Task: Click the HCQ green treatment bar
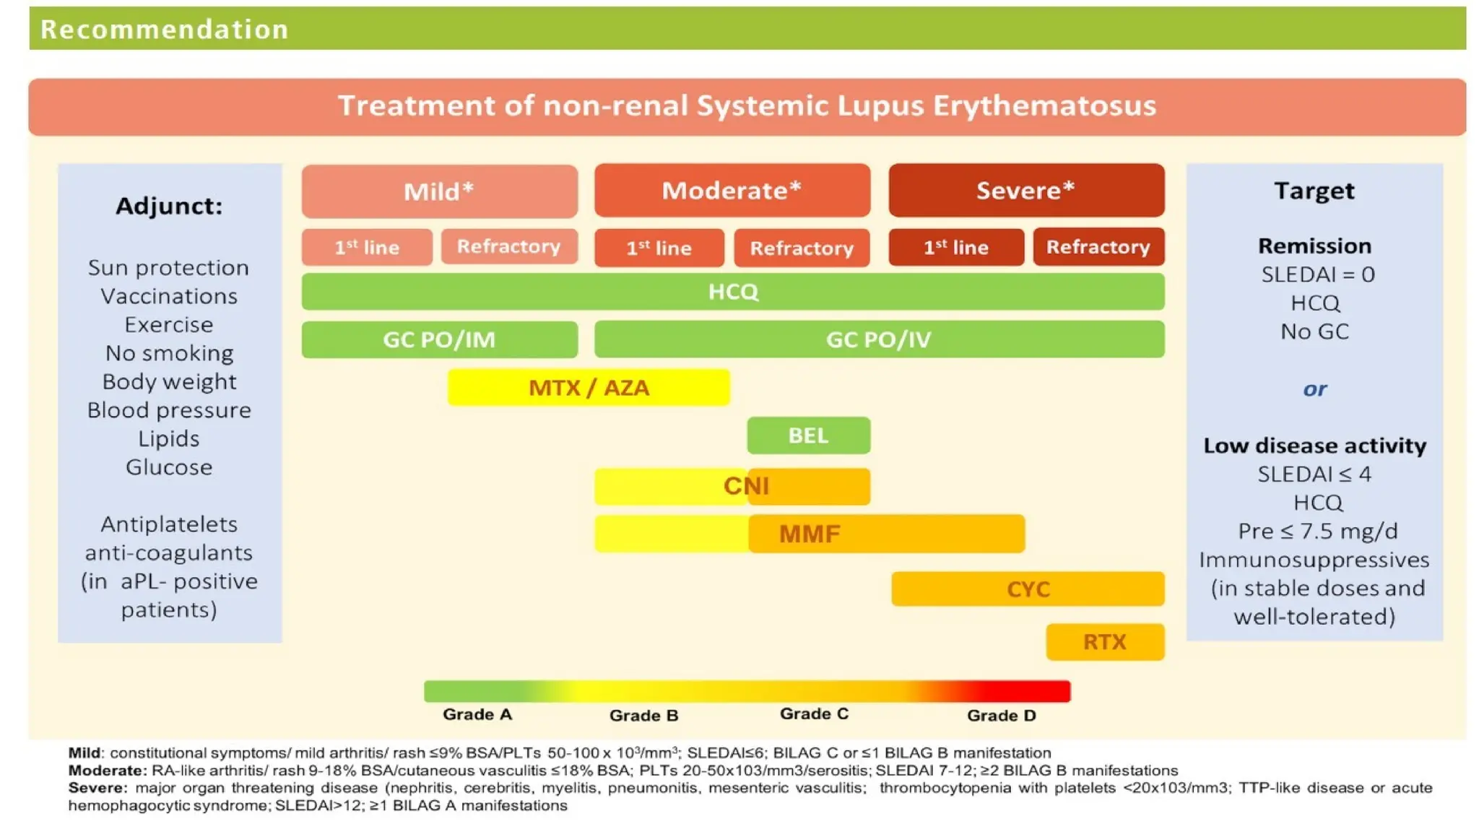click(x=732, y=292)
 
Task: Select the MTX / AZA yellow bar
click(x=589, y=388)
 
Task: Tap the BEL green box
click(x=808, y=435)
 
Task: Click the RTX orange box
click(x=1104, y=641)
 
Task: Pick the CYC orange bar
click(x=1027, y=589)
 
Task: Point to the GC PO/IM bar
click(x=439, y=339)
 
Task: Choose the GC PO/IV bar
click(x=878, y=339)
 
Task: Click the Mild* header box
click(x=439, y=191)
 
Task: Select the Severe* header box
click(x=1025, y=191)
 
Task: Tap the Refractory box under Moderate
click(x=802, y=248)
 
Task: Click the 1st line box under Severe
click(x=955, y=248)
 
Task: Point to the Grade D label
click(x=1001, y=716)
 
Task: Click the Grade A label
click(x=477, y=714)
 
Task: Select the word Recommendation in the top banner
click(x=165, y=30)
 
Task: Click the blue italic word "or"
click(x=1314, y=389)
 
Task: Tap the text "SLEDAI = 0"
click(x=1317, y=274)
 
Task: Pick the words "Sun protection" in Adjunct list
click(x=168, y=268)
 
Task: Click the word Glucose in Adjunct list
click(x=169, y=467)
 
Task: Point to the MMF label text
click(x=810, y=534)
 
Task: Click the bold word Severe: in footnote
click(x=97, y=788)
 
